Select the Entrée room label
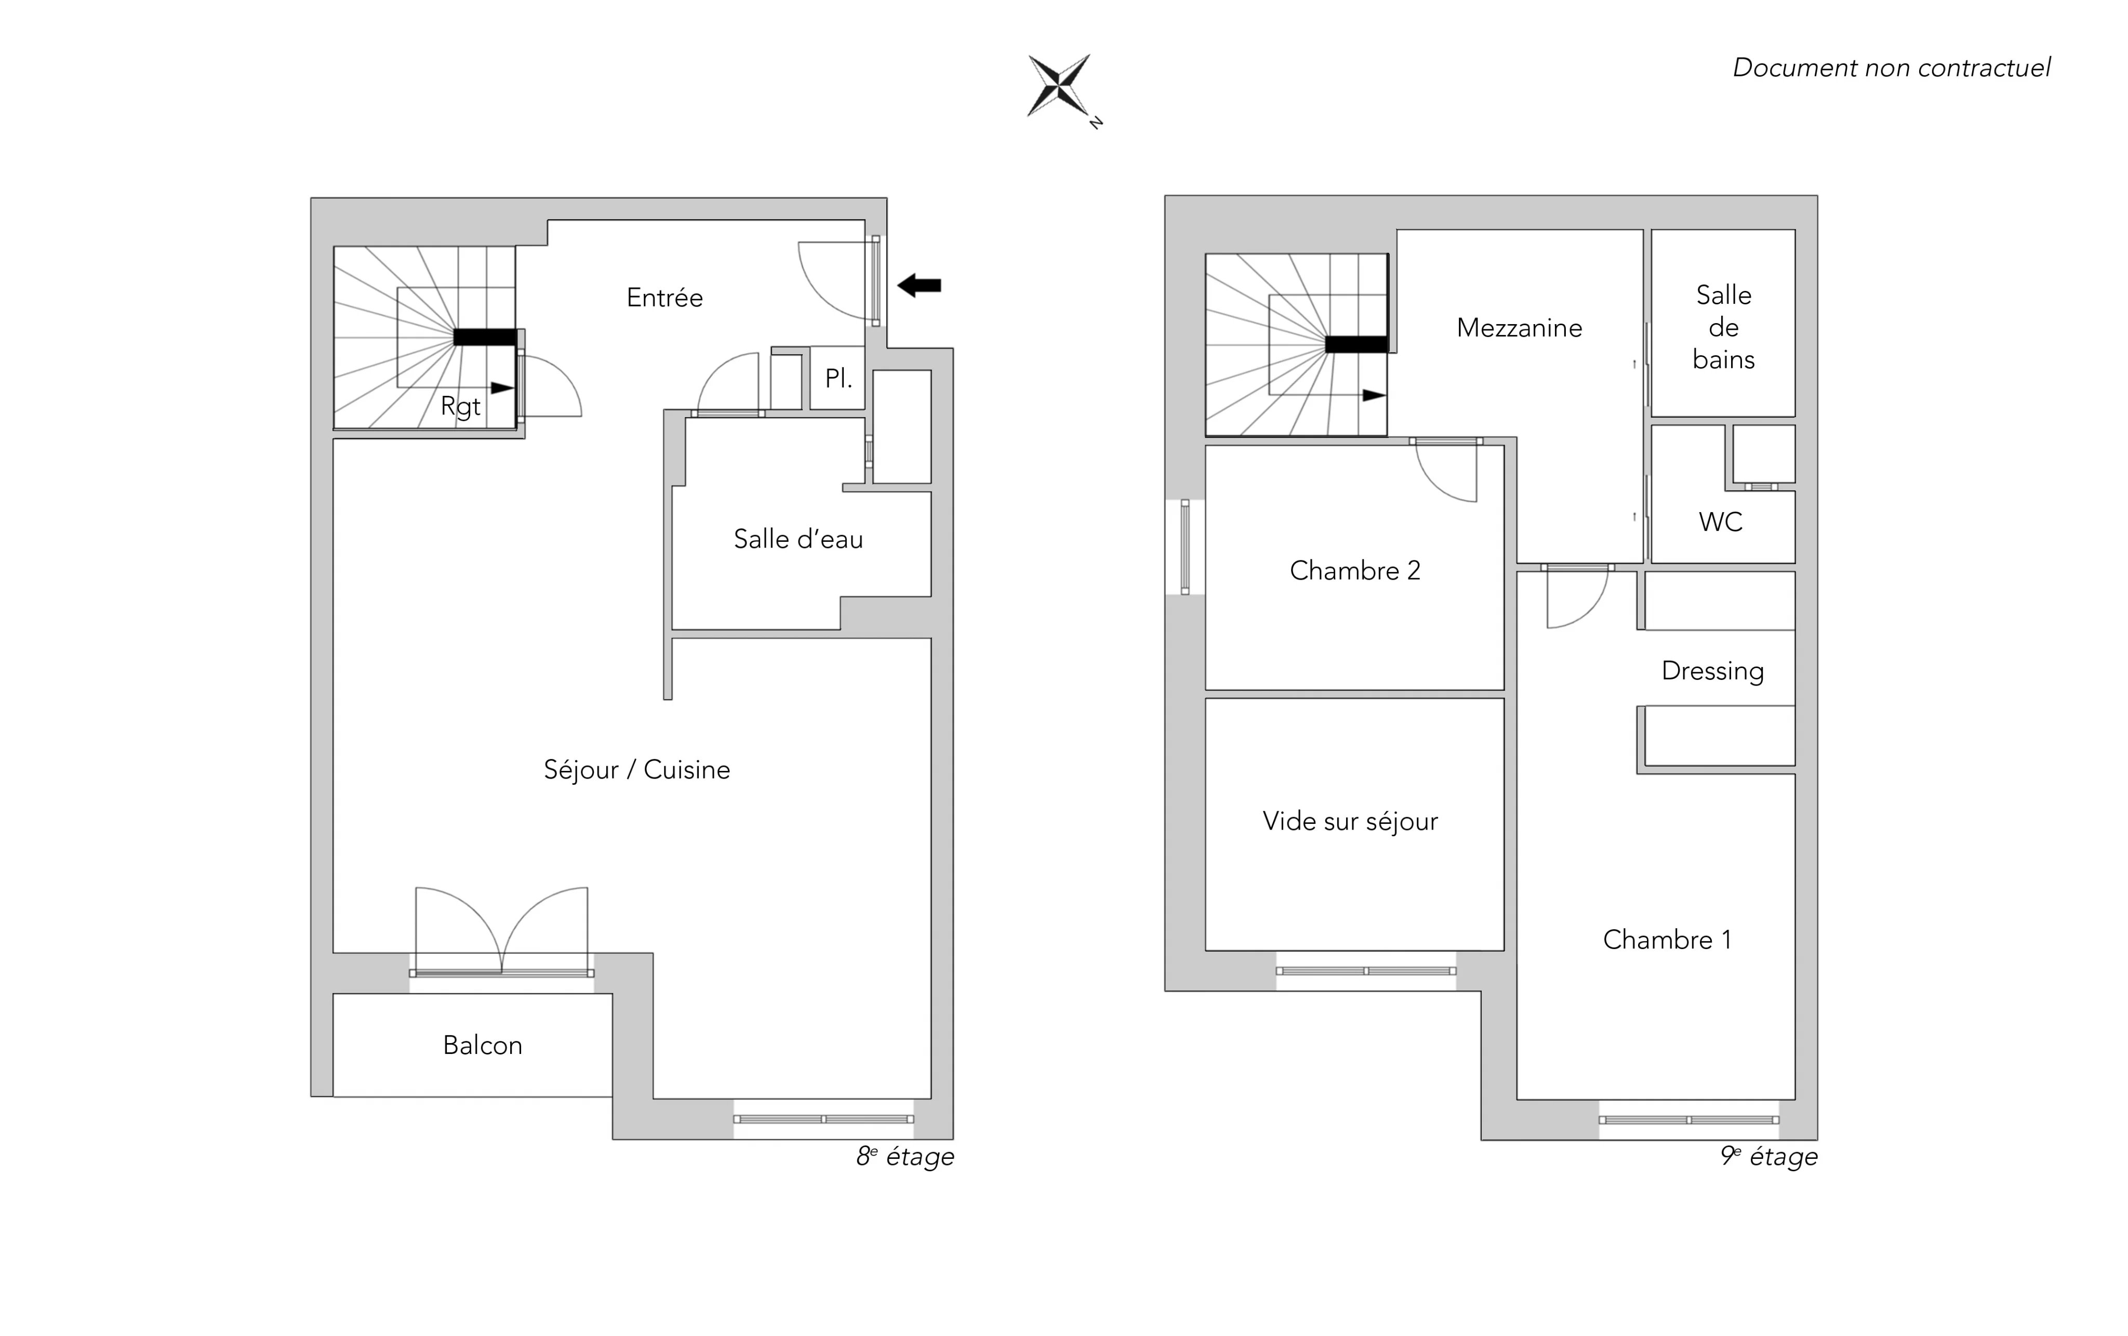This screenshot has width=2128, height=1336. pos(664,298)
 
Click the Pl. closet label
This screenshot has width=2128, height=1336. pos(838,378)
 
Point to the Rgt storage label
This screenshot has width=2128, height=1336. pos(460,406)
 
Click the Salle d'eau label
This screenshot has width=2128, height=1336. pos(798,539)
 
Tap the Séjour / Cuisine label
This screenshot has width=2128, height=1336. pos(636,770)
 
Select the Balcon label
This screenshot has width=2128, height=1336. pos(483,1045)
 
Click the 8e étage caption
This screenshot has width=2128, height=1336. pos(905,1157)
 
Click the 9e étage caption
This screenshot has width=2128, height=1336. pos(1768,1157)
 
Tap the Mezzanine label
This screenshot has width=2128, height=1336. pos(1519,328)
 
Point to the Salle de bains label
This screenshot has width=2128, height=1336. pos(1723,327)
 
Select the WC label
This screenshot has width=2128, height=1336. pos(1721,522)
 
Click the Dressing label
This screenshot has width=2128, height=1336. pos(1713,671)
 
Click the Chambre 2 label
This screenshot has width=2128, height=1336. pos(1355,571)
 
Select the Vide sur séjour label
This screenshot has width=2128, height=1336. pos(1350,822)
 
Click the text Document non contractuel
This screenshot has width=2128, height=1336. pos(1891,67)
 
